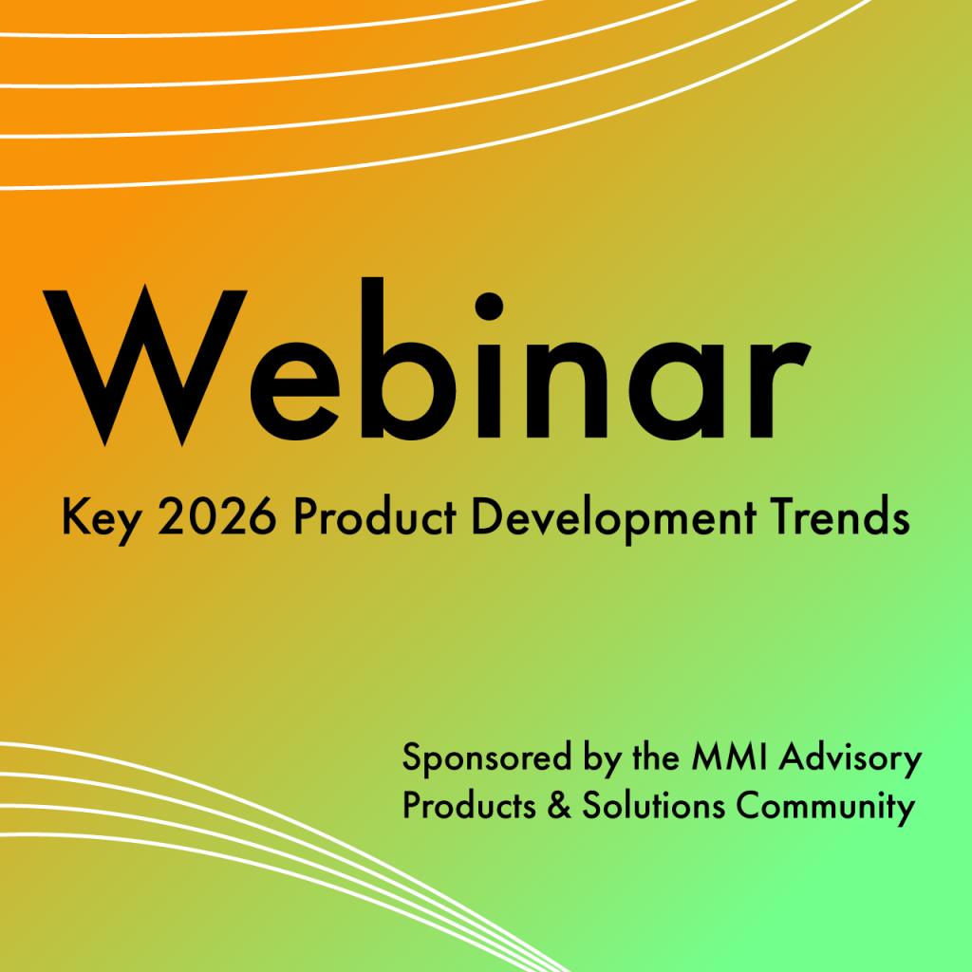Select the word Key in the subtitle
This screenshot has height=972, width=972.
point(92,519)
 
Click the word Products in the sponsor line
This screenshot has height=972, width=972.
point(464,808)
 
